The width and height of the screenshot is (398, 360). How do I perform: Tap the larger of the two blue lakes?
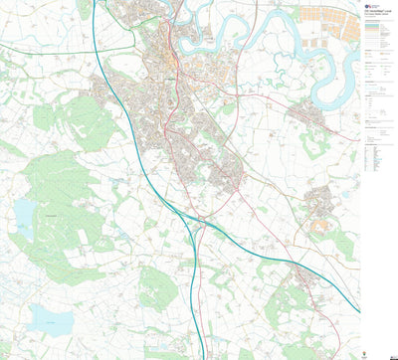(x=49, y=318)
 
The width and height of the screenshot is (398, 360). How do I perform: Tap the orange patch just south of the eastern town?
(x=320, y=226)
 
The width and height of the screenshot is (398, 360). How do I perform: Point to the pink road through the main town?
(x=178, y=99)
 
